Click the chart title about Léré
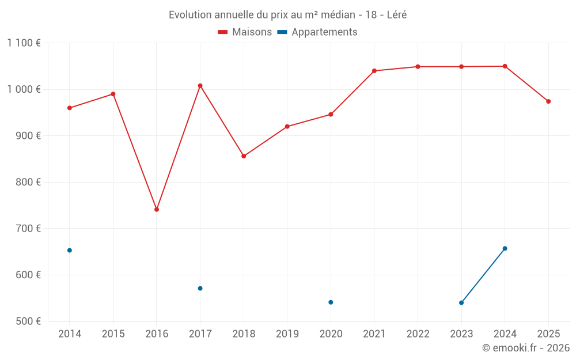[x=287, y=15]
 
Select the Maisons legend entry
[x=245, y=32]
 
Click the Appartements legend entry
[x=317, y=32]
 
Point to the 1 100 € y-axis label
[x=24, y=43]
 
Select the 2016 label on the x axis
[x=157, y=334]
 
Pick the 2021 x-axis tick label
[x=374, y=334]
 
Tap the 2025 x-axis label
[x=548, y=334]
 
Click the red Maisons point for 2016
[x=157, y=210]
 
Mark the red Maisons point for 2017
[x=200, y=86]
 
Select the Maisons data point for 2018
[x=244, y=156]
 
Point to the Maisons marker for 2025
[x=548, y=101]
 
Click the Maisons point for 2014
[x=70, y=108]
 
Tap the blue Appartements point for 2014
[x=70, y=251]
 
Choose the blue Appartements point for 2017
[x=200, y=289]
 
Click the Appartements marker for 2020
[x=331, y=302]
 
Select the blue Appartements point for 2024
[x=505, y=248]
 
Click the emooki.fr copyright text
[x=525, y=348]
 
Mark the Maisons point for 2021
[x=374, y=71]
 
